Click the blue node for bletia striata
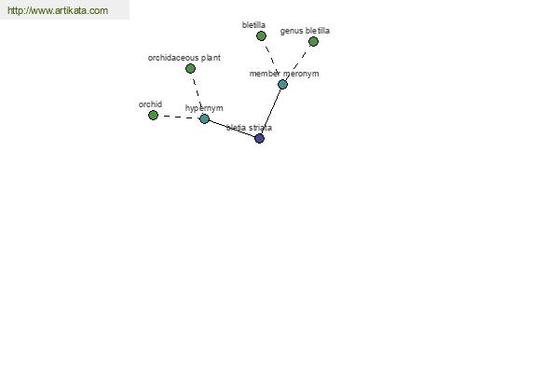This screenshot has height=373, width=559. (x=260, y=139)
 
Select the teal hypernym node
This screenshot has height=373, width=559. (x=204, y=118)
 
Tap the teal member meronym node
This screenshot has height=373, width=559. (x=282, y=84)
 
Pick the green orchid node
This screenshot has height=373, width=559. (x=154, y=116)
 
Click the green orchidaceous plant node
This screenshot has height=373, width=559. (x=190, y=68)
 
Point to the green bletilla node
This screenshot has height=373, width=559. (x=261, y=36)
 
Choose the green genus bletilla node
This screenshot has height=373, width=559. (x=313, y=42)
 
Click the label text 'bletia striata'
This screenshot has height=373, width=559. (x=249, y=128)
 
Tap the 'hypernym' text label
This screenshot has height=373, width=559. (x=204, y=108)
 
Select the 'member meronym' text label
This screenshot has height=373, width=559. (x=284, y=74)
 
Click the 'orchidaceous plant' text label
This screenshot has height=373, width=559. (x=184, y=58)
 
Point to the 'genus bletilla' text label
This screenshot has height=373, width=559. (x=305, y=31)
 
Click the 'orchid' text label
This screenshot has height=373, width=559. (x=150, y=104)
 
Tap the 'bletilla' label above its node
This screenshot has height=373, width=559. (x=253, y=25)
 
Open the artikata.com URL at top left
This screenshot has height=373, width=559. (x=58, y=10)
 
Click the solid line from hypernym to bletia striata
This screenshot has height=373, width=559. (x=232, y=129)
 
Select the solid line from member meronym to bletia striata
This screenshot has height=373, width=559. (x=271, y=111)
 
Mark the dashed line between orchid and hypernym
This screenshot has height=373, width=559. (x=179, y=117)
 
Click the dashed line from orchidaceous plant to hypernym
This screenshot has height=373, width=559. (x=198, y=93)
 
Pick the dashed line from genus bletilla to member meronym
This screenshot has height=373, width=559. (x=298, y=63)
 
